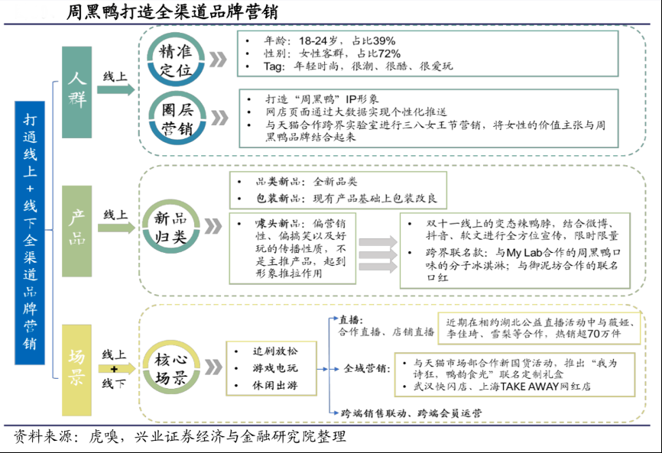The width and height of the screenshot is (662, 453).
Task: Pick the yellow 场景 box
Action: click(77, 366)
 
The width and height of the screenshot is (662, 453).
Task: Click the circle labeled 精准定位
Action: click(176, 60)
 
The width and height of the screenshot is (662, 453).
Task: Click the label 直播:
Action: click(351, 319)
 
